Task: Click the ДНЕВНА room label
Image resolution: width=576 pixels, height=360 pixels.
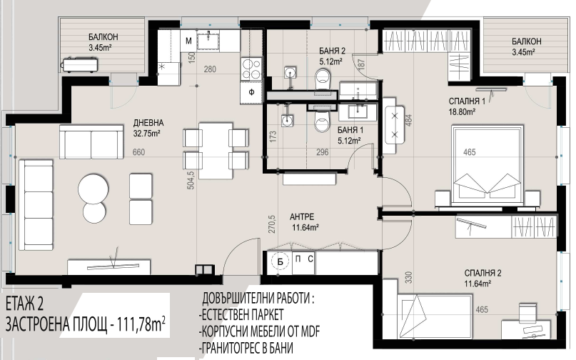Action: pyautogui.click(x=148, y=123)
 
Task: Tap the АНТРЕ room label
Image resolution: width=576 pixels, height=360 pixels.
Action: pyautogui.click(x=302, y=217)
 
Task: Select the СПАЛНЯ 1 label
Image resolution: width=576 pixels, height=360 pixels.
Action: pyautogui.click(x=467, y=101)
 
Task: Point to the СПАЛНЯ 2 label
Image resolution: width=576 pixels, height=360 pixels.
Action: pyautogui.click(x=482, y=274)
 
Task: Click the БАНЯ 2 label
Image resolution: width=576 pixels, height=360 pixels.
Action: pyautogui.click(x=332, y=51)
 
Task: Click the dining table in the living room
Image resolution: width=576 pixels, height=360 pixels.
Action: pyautogui.click(x=216, y=151)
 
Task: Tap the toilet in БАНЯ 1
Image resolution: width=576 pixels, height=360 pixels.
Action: pyautogui.click(x=323, y=121)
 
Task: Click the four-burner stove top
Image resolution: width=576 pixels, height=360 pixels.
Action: pyautogui.click(x=251, y=69)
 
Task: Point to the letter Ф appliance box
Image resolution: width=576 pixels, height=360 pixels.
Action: pyautogui.click(x=251, y=92)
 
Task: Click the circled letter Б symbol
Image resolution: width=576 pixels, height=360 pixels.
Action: pyautogui.click(x=281, y=262)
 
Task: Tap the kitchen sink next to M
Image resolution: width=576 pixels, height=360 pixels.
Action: pyautogui.click(x=208, y=40)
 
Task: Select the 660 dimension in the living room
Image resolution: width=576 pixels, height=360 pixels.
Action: pyautogui.click(x=139, y=152)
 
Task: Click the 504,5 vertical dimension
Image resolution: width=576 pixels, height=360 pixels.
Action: pyautogui.click(x=191, y=180)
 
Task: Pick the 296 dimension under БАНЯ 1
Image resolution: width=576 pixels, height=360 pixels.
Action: pyautogui.click(x=323, y=152)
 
